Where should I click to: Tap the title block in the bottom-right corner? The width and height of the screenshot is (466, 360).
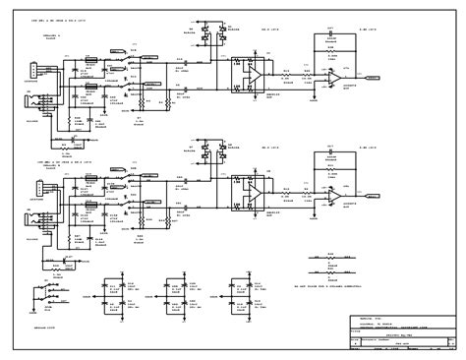(x=398, y=330)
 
